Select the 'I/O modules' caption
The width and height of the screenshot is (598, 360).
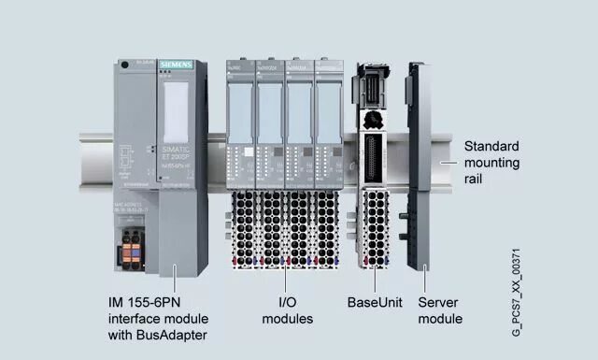point(288,310)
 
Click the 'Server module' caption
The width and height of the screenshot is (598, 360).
point(439,310)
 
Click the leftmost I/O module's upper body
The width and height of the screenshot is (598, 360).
point(240,103)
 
